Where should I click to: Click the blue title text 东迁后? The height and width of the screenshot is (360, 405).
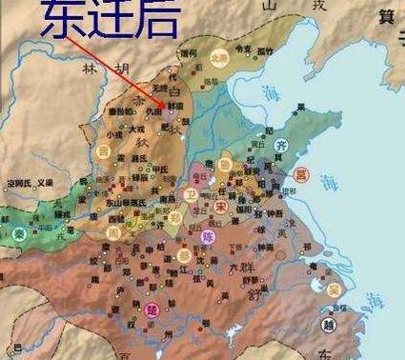click(96, 21)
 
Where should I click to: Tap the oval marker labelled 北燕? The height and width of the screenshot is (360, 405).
click(219, 56)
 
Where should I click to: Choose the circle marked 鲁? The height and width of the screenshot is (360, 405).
click(225, 164)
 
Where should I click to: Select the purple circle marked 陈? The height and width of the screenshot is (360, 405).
click(209, 235)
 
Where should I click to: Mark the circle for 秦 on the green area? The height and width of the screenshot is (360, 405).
click(19, 234)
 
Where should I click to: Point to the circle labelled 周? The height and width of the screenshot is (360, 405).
click(113, 233)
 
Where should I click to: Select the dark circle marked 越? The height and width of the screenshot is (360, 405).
click(328, 323)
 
